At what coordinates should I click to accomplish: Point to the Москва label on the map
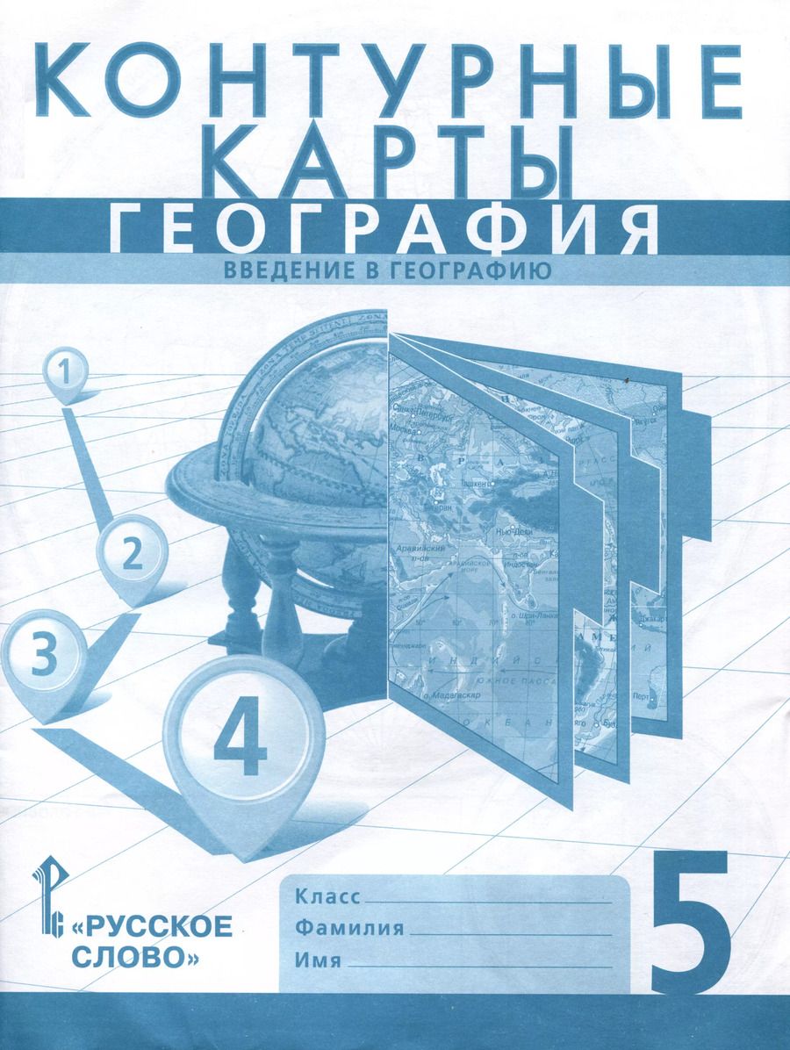tap(405, 428)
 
